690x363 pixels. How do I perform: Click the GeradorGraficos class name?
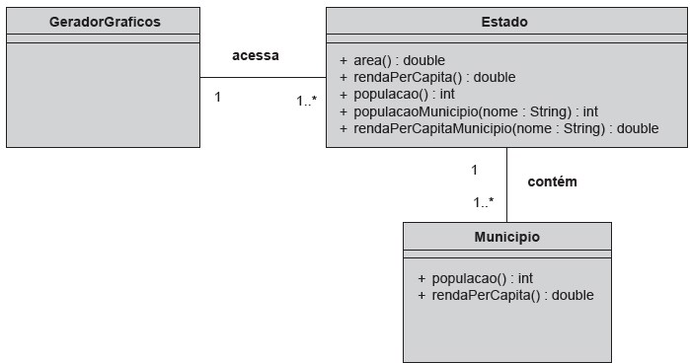[x=104, y=21]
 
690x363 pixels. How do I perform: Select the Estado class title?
[x=504, y=21]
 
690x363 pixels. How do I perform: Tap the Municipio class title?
[x=506, y=237]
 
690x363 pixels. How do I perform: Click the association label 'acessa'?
[x=256, y=55]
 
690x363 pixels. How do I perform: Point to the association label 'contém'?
[x=553, y=181]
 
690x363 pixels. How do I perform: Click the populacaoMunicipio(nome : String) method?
[x=468, y=111]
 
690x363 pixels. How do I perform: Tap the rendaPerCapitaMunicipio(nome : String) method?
[x=498, y=128]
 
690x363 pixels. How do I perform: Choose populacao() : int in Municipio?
[x=475, y=278]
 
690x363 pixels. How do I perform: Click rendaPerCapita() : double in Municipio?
[x=505, y=295]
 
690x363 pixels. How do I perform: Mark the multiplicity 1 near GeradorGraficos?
[x=217, y=97]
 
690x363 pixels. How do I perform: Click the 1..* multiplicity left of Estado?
[x=307, y=100]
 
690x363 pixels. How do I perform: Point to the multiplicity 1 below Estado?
[x=474, y=170]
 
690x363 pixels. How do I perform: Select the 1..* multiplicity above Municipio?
[x=484, y=202]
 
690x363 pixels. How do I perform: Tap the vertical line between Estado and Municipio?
[x=506, y=187]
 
